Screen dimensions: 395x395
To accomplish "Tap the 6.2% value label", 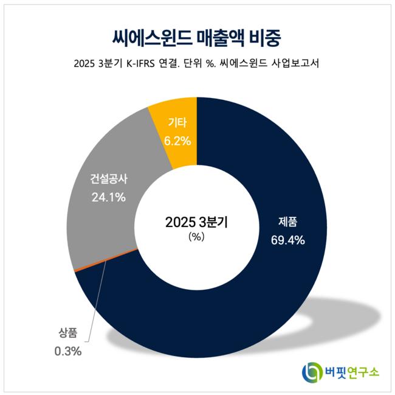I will click(177, 141).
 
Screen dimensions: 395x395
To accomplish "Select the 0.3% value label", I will click(67, 351).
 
